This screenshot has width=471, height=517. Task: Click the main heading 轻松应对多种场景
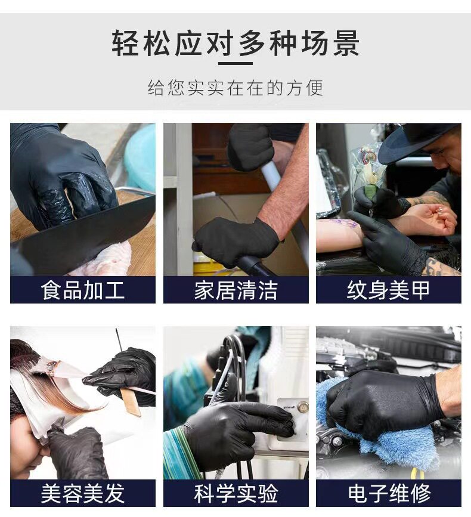pos(235,44)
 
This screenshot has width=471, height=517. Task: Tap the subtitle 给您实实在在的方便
pos(235,88)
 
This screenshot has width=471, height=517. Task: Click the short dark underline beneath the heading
pos(235,63)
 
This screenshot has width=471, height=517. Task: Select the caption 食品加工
pos(83,290)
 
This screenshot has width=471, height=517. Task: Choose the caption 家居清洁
pos(235,290)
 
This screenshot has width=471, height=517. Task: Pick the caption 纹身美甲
pos(388,290)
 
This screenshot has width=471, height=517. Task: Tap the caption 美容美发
pos(83,494)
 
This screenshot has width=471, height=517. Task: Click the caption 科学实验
pos(235,494)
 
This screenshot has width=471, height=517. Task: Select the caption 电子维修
pos(388,494)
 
